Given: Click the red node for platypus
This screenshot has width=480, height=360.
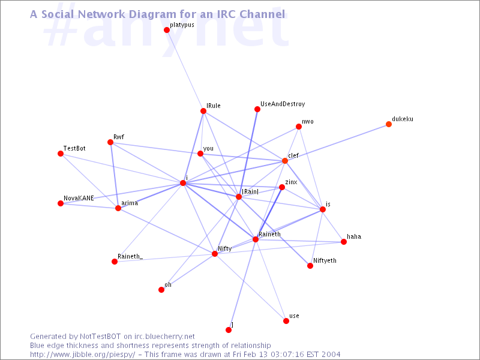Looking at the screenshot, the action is [167, 30].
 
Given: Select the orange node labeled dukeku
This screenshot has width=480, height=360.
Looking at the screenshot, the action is [389, 124].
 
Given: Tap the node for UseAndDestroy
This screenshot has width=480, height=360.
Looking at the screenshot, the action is [257, 109].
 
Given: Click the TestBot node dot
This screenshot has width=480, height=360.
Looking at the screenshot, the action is [61, 154].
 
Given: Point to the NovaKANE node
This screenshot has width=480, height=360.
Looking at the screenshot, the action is [61, 203].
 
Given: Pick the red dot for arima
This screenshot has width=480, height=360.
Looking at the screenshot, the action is [118, 208].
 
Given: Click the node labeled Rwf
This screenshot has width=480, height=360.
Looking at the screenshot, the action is [110, 142].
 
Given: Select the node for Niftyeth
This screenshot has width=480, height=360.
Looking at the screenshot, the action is [310, 266].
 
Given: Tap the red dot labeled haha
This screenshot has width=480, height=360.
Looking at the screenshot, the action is [344, 242].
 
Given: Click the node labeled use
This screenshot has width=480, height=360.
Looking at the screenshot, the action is [286, 321].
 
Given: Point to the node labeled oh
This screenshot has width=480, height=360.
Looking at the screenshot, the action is [161, 290].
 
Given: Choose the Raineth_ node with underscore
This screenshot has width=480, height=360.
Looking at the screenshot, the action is [115, 262].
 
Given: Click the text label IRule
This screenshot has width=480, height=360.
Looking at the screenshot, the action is [214, 106].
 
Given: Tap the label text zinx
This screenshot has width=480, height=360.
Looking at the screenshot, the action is [291, 182].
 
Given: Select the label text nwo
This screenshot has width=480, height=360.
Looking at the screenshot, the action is [308, 122].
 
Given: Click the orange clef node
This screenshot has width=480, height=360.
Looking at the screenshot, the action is [285, 161].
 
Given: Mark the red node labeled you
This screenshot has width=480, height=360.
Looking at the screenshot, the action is [200, 154].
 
